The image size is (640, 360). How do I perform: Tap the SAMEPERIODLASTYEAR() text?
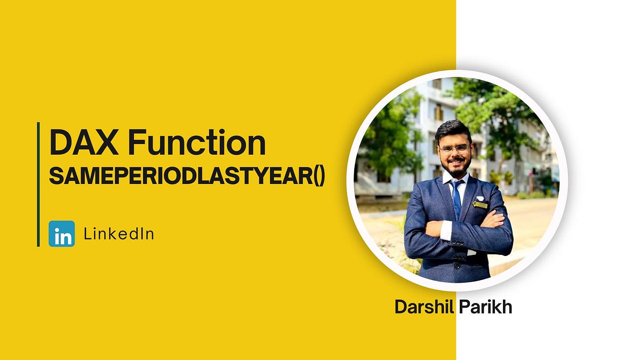(x=187, y=176)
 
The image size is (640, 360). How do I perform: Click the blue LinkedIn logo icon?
(x=62, y=234)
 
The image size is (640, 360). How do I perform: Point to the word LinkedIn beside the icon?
(x=119, y=234)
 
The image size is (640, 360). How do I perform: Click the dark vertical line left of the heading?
(x=38, y=184)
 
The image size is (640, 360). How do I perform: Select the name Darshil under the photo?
(x=422, y=307)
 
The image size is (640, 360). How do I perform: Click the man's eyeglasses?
(x=455, y=148)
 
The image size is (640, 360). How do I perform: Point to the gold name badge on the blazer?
(x=481, y=205)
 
